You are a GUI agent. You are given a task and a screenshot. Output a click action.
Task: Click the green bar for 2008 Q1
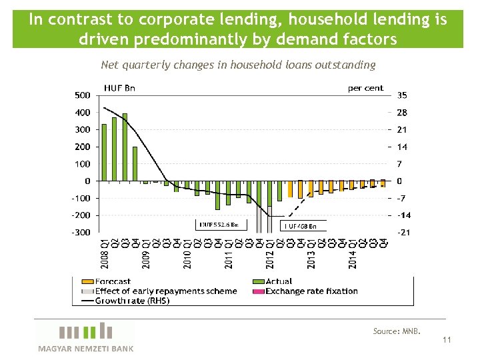tap(105, 153)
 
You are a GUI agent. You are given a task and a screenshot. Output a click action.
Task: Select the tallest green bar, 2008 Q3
tap(125, 147)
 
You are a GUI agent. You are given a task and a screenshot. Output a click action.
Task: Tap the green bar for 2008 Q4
tap(135, 164)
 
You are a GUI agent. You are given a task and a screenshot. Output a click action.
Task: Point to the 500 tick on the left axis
tap(82, 95)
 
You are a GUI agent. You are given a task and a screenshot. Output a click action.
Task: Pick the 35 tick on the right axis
tap(403, 95)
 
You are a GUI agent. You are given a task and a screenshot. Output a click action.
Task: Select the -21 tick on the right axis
tap(404, 232)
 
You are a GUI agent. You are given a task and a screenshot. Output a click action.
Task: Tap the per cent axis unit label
tap(366, 87)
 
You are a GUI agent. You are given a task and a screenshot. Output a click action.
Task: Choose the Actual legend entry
tap(279, 282)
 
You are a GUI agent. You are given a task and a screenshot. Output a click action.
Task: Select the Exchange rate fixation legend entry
tap(311, 291)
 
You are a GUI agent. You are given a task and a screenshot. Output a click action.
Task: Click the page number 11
tap(447, 340)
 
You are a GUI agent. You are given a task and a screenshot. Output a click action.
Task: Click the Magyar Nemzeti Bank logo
tap(85, 337)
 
